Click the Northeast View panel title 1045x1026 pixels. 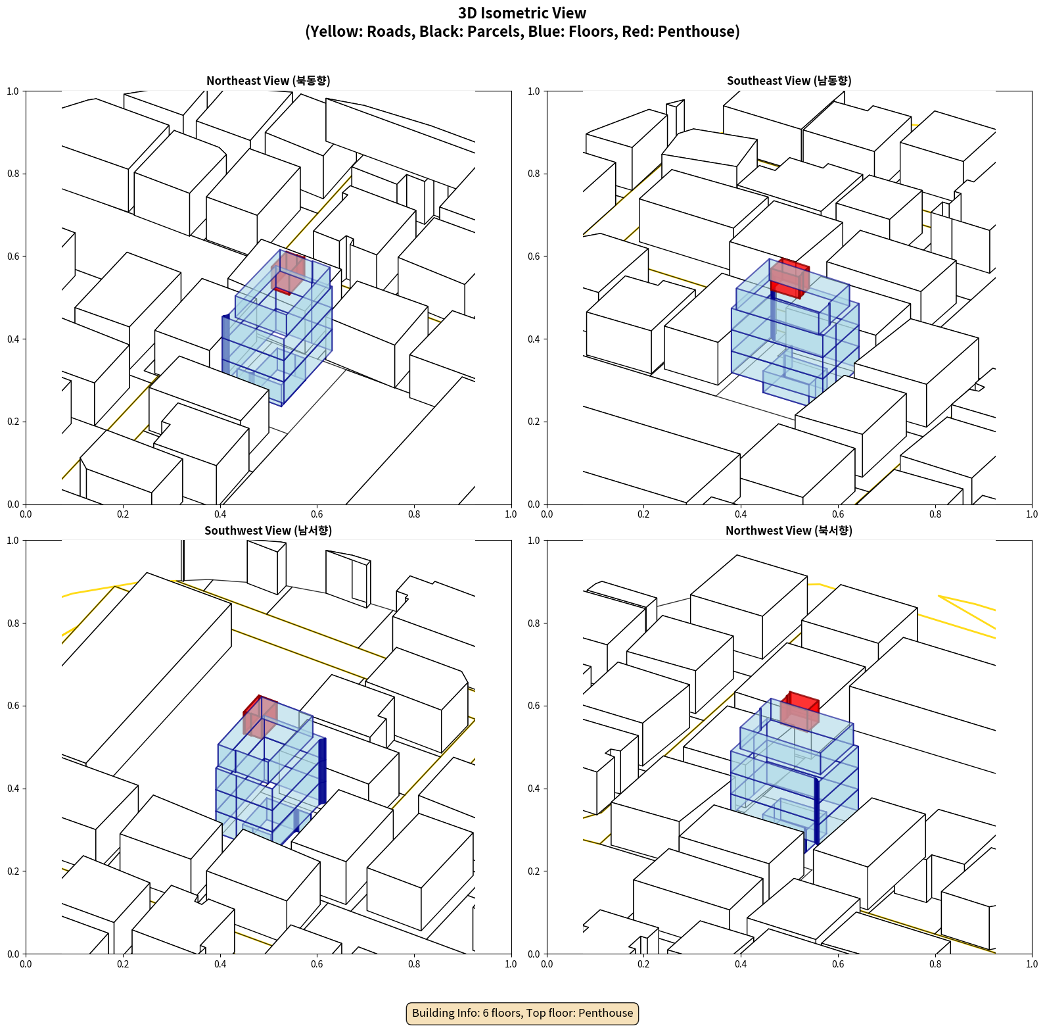tap(268, 81)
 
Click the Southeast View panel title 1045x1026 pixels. tap(789, 81)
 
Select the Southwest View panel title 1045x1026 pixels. tap(268, 531)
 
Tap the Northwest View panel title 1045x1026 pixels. tap(789, 531)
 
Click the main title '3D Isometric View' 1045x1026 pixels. tap(522, 13)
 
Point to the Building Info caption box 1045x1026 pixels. tap(522, 1013)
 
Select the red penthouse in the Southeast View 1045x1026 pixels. tap(789, 278)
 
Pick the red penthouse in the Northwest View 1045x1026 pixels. tap(800, 710)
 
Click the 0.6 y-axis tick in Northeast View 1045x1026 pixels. tap(13, 256)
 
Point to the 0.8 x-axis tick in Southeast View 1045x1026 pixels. tap(935, 514)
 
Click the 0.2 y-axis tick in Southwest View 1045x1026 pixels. tap(13, 871)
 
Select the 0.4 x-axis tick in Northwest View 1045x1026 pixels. tap(741, 964)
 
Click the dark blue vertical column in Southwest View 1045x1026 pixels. tap(322, 771)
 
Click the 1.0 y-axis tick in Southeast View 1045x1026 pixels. tap(534, 91)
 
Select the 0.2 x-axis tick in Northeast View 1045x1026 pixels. tap(123, 514)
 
